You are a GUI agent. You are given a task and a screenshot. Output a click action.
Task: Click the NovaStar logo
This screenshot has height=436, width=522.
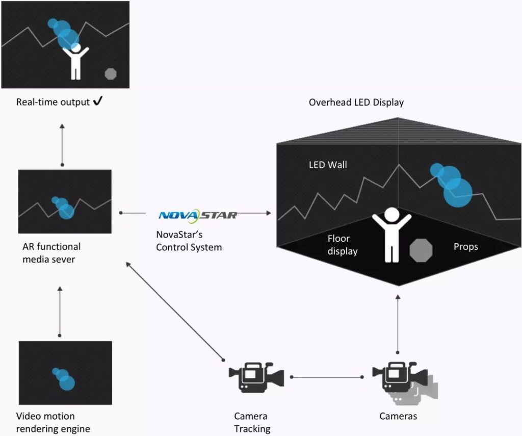pos(198,215)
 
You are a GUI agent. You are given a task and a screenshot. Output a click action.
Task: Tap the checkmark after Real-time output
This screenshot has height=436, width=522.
pos(98,102)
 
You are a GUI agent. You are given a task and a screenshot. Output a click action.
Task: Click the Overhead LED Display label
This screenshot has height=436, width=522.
pos(356,102)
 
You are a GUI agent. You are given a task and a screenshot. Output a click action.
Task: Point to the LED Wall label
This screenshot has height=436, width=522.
pos(328,165)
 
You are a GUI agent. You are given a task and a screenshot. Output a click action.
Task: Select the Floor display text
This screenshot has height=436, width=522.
pos(343,245)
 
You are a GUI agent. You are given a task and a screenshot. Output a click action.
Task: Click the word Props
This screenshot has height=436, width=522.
pos(465,247)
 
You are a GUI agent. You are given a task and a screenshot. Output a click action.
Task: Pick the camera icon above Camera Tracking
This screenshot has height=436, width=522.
pos(255,378)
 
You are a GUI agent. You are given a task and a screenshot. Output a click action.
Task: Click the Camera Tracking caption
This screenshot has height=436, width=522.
pos(252,422)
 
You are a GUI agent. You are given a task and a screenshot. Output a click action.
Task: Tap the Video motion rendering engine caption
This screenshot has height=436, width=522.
pos(53,422)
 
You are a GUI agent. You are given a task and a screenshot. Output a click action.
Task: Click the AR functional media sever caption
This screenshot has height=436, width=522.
pos(51,252)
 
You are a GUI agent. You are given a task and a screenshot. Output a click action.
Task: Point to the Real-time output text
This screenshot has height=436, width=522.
pos(53,102)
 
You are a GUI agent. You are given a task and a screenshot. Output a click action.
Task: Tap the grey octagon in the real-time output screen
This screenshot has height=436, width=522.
pos(111,74)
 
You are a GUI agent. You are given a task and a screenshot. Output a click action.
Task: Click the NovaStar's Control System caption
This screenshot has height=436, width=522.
pos(189,241)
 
